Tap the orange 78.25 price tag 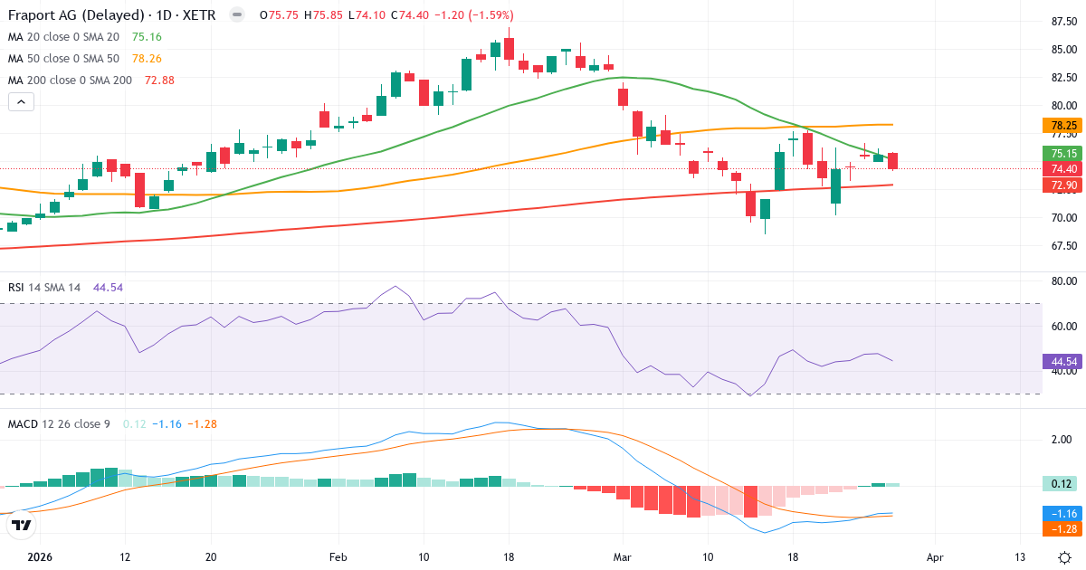(1063, 126)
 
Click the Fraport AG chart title (76, 15)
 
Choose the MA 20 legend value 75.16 (147, 37)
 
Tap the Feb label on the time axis (338, 557)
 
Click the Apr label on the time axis (935, 557)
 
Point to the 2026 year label (40, 557)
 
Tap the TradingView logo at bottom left (22, 525)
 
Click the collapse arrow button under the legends (22, 102)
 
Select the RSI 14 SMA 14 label (44, 287)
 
